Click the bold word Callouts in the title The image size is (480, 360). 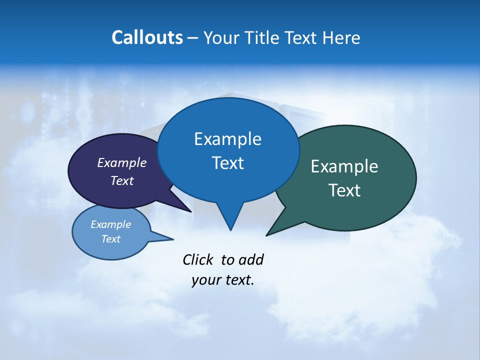tap(147, 37)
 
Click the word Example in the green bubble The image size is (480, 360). tap(344, 166)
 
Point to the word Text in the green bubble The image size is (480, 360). tap(344, 190)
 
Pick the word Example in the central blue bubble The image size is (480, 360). tap(227, 139)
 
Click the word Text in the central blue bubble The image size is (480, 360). tap(227, 163)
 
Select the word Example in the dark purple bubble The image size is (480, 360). tap(122, 162)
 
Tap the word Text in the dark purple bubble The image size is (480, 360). tap(122, 180)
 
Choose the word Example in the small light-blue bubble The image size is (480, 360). tap(111, 224)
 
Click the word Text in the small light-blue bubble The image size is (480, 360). tap(111, 239)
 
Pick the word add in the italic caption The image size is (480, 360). tap(251, 259)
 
